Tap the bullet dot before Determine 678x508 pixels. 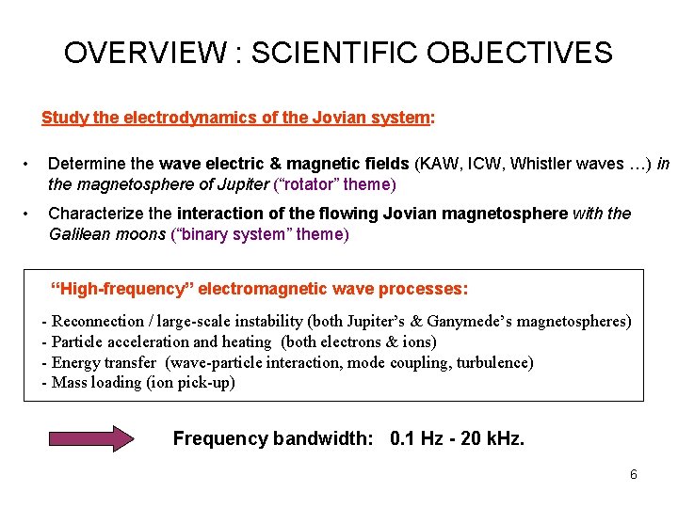(31, 166)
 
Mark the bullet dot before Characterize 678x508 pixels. (31, 214)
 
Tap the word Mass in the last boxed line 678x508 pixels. (70, 382)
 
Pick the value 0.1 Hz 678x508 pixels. (415, 438)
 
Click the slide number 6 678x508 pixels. (634, 475)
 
